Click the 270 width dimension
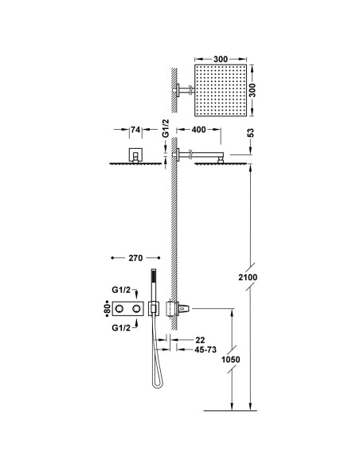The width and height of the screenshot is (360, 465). tap(133, 258)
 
